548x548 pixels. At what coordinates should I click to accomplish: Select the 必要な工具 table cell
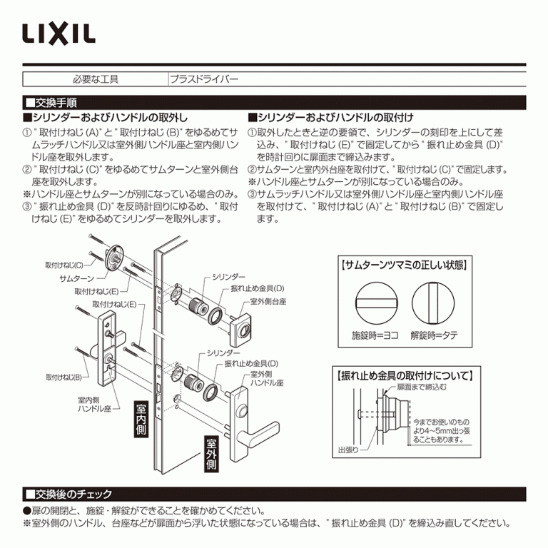pyautogui.click(x=96, y=79)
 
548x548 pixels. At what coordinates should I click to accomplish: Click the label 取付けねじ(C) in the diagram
pyautogui.click(x=64, y=265)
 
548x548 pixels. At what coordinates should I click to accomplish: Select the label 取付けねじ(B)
pyautogui.click(x=64, y=377)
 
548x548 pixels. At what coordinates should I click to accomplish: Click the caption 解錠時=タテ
pyautogui.click(x=434, y=335)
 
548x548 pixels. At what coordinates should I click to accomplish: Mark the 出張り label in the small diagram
pyautogui.click(x=347, y=451)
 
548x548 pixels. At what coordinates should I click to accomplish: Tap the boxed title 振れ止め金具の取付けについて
pyautogui.click(x=404, y=375)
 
